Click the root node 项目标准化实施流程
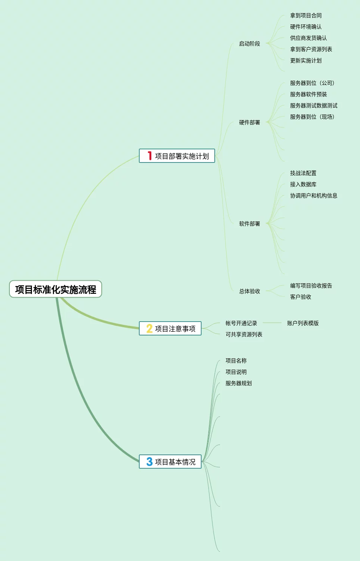coord(56,289)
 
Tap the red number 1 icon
coord(149,156)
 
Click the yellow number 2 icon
coord(149,329)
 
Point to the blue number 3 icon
coord(149,462)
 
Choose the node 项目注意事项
coord(175,329)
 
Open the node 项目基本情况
coord(175,462)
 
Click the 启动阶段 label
coord(250,44)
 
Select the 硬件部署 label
coord(250,122)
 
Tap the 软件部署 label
coord(250,224)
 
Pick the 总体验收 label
coord(250,291)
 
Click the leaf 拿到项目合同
coord(306,15)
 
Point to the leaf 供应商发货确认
coord(309,38)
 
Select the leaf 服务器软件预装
coord(309,94)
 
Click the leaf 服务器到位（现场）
coord(312,117)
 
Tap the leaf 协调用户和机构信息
coord(314,196)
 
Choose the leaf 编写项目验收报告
coord(311,286)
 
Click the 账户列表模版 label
coord(303,323)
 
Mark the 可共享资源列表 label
coord(244,334)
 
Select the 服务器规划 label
coord(239,383)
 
